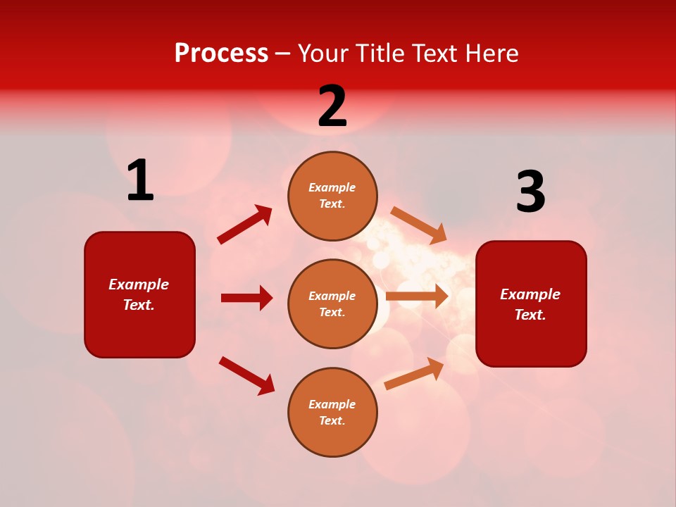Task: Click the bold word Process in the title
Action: click(221, 54)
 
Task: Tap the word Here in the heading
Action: click(489, 54)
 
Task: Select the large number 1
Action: click(140, 181)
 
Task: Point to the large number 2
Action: click(332, 107)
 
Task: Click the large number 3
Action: click(530, 192)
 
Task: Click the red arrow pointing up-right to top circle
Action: click(245, 225)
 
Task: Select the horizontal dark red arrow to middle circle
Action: click(246, 298)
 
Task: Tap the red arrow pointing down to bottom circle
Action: click(247, 375)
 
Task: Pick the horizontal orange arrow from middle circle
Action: click(417, 296)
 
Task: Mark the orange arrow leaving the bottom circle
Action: click(415, 373)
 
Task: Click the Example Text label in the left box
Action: click(139, 294)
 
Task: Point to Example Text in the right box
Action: click(530, 304)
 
